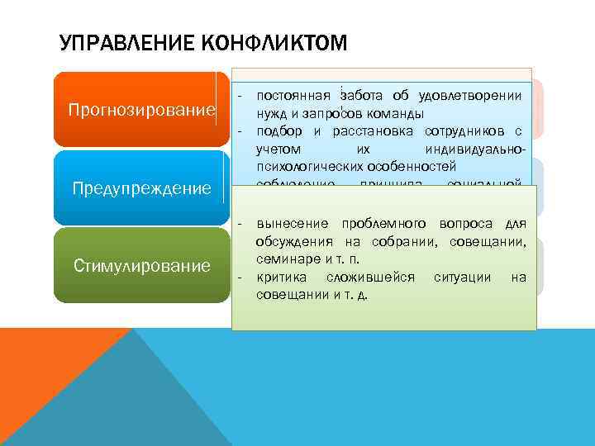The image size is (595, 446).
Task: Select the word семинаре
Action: point(286,259)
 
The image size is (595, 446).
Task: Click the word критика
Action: point(283,277)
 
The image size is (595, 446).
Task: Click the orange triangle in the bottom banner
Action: point(50,372)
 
